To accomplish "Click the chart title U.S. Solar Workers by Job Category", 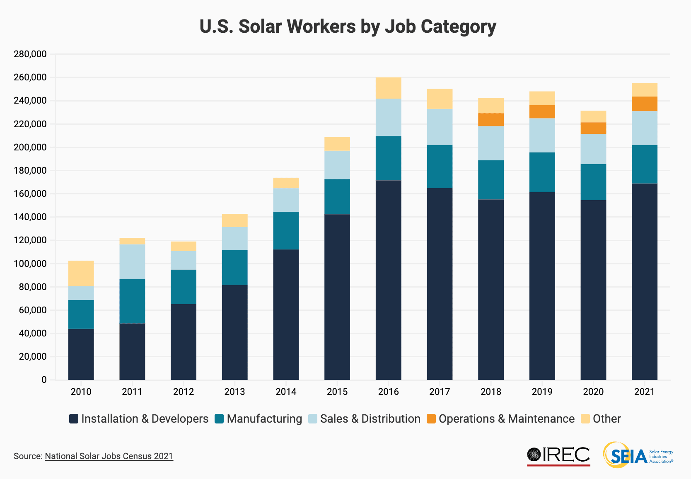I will (x=348, y=27).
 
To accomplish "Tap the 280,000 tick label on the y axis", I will (x=30, y=54).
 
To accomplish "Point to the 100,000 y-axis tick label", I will (x=30, y=264).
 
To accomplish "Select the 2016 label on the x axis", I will (x=388, y=392).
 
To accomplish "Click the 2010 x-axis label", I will (x=81, y=392).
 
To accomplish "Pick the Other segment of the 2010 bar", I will (x=81, y=273).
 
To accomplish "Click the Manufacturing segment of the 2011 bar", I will (x=132, y=301).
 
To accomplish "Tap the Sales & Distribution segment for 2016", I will (x=388, y=117).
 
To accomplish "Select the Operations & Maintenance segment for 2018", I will (x=491, y=120).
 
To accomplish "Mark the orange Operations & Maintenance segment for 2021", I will (x=644, y=104).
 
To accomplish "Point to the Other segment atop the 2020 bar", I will (x=593, y=116).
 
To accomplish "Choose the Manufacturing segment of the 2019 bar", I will (x=542, y=172).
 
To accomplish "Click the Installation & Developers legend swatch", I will (x=74, y=419).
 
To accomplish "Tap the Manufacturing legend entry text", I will (x=264, y=419).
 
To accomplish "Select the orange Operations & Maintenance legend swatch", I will (x=431, y=419).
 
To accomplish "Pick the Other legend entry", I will (x=606, y=419).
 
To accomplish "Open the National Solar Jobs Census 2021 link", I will (x=109, y=456).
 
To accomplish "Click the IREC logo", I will (x=558, y=455).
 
